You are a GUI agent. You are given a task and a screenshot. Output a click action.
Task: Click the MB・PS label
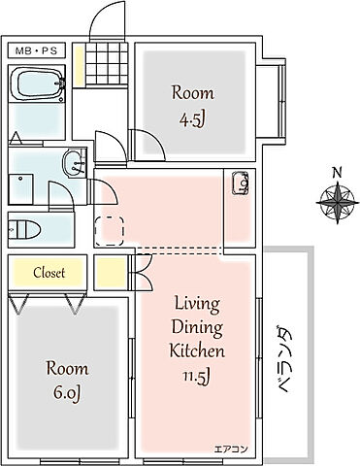coord(37,50)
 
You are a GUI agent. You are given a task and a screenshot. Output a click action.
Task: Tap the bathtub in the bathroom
coord(38,83)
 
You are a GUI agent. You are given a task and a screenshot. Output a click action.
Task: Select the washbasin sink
coord(75,162)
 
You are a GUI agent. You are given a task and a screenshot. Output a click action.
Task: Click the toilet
coord(24,229)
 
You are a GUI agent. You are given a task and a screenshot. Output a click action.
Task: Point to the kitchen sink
coord(241,183)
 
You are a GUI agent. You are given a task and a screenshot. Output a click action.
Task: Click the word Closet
coord(49,273)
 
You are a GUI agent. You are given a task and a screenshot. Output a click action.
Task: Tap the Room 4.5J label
coord(193,106)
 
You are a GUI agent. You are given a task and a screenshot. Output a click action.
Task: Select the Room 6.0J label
coord(67,382)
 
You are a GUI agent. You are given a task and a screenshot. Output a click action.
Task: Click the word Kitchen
coord(197,350)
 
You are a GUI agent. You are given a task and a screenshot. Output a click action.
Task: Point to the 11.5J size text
coord(197,377)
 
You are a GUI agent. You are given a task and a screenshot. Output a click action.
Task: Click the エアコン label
coord(231,449)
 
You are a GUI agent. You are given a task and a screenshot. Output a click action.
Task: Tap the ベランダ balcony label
coord(282,360)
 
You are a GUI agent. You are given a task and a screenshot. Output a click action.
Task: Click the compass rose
coord(338,203)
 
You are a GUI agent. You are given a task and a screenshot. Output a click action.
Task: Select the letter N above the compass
coord(337,173)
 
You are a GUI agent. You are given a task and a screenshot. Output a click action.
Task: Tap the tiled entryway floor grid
coord(107,63)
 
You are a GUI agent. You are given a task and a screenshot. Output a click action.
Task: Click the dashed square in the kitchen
coord(110,231)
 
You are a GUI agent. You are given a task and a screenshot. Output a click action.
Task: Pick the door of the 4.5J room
coord(147,144)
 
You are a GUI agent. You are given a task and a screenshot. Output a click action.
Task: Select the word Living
coord(197,305)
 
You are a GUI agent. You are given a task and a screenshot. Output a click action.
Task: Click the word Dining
coord(197,328)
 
